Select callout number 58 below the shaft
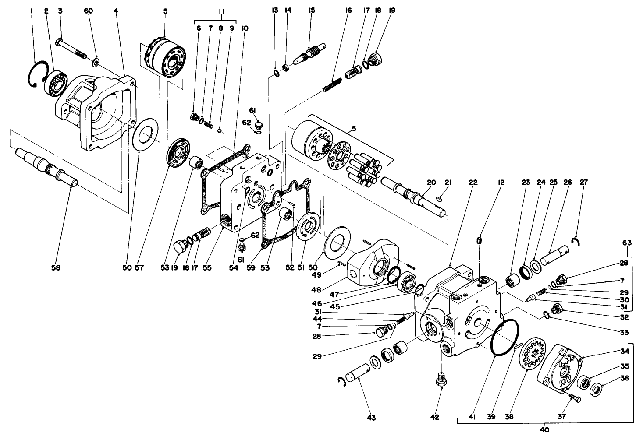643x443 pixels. pos(55,267)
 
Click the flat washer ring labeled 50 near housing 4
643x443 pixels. pos(144,137)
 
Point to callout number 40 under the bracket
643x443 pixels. pos(544,430)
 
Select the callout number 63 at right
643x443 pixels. pos(627,242)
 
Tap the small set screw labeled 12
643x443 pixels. pos(480,240)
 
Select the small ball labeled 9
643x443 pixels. pos(220,129)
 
